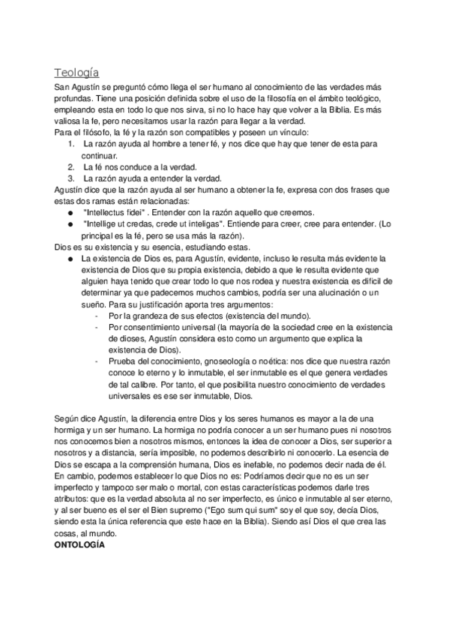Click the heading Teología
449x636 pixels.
(x=77, y=73)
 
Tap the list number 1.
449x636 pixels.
(x=70, y=144)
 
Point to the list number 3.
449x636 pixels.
(x=70, y=178)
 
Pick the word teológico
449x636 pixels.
(x=360, y=100)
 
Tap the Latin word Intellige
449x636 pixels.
(x=101, y=224)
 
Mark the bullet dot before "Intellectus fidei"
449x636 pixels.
(x=70, y=213)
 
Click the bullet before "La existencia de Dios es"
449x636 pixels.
(x=70, y=258)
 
